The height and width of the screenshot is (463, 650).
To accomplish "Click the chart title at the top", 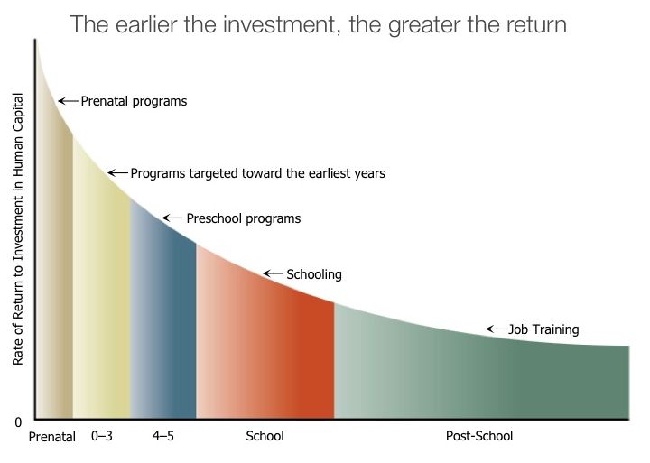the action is (318, 25).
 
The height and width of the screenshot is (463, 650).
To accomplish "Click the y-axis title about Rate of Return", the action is (18, 229).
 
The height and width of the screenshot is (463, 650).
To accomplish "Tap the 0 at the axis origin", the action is (18, 422).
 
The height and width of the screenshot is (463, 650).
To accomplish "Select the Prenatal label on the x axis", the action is (51, 437).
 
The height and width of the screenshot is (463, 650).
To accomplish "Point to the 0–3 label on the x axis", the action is (101, 436).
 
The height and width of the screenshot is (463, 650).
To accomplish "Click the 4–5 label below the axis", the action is (162, 436).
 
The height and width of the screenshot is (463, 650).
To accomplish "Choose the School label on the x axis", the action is (265, 436).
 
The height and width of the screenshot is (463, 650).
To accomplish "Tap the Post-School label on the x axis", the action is (479, 436).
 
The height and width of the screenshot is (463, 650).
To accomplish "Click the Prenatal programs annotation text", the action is (134, 102).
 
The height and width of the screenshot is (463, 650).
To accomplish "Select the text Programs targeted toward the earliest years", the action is (258, 173).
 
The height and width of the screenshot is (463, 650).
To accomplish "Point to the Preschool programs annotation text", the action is (244, 218).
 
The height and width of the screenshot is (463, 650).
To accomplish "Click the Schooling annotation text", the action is (314, 274).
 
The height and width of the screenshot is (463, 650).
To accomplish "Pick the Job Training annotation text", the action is (543, 329).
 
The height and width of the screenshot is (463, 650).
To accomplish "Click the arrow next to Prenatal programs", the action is (68, 101).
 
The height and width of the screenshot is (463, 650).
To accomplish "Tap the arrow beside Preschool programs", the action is (172, 218).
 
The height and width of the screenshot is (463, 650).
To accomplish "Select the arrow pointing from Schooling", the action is (274, 273).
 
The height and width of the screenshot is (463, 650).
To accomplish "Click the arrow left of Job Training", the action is (497, 329).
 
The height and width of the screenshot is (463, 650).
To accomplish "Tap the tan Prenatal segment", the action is (54, 290).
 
